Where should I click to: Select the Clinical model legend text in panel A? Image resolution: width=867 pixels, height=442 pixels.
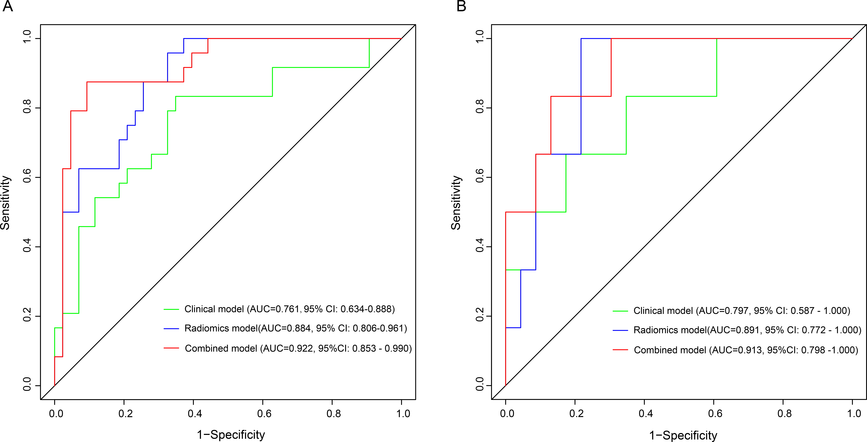[289, 309]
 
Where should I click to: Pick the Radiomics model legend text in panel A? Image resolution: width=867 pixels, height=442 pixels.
[295, 328]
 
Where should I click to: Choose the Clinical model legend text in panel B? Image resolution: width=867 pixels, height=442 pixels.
[742, 311]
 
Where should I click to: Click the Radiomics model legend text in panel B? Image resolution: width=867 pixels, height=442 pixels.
[747, 330]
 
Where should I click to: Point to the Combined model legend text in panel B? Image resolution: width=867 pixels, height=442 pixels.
[746, 350]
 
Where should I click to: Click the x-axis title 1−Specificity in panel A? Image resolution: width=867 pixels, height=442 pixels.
[231, 435]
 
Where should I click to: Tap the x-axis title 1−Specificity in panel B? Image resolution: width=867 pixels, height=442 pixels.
[683, 435]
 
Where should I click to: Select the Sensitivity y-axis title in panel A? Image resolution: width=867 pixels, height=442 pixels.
[5, 203]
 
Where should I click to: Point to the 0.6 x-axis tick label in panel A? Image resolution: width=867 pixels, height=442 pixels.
[264, 413]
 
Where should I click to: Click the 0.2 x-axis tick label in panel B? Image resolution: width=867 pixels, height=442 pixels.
[577, 413]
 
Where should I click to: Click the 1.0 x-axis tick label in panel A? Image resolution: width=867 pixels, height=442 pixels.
[403, 413]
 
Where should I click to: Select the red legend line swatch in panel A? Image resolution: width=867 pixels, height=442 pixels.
[171, 348]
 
